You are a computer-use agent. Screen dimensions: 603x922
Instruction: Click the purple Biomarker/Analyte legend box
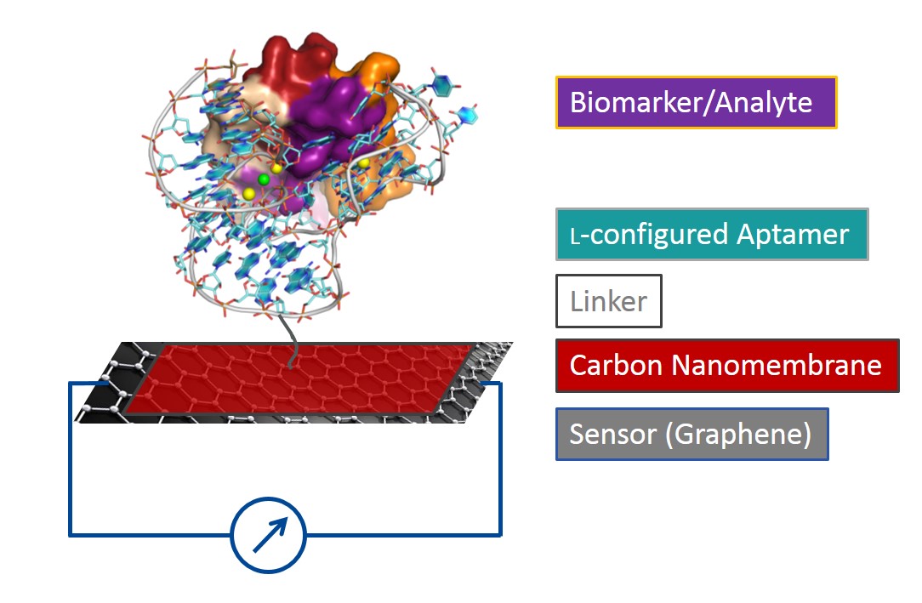pyautogui.click(x=696, y=103)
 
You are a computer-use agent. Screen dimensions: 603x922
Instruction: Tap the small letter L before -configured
pyautogui.click(x=576, y=237)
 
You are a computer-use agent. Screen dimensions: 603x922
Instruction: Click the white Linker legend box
pyautogui.click(x=608, y=301)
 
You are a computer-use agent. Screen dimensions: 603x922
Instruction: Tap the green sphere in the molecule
pyautogui.click(x=264, y=179)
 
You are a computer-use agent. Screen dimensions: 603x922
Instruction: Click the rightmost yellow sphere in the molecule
pyautogui.click(x=364, y=162)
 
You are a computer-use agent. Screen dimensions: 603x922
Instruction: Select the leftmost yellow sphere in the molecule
pyautogui.click(x=248, y=194)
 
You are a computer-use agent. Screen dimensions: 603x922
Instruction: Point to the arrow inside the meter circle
pyautogui.click(x=269, y=533)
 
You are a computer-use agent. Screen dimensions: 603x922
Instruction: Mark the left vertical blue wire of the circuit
pyautogui.click(x=70, y=459)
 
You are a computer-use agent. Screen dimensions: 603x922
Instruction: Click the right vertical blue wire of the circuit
pyautogui.click(x=500, y=459)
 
